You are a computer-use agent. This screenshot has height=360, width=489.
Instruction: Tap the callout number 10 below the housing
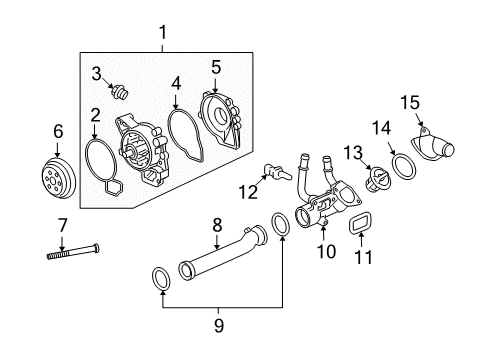point(326,252)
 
